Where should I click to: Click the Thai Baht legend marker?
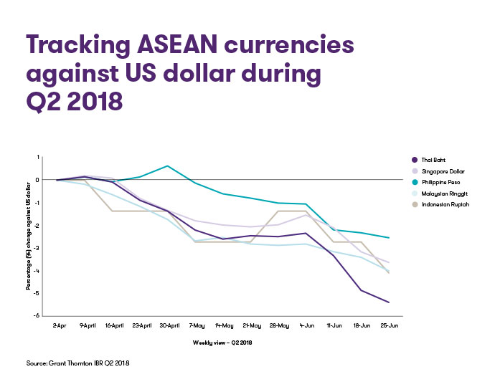pos(415,160)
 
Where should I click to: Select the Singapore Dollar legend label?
pos(443,171)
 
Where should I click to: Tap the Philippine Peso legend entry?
pos(436,182)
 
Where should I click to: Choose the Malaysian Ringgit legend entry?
pos(440,193)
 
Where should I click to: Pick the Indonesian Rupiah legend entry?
pos(440,204)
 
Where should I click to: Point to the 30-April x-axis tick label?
pos(169,325)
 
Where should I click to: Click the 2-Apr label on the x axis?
pos(60,325)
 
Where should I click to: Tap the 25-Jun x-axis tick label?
pos(389,325)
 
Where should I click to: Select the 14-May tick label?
pos(224,325)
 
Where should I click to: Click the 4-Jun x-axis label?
pos(307,325)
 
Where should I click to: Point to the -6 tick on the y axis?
pos(37,316)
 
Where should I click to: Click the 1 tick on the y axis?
pos(38,157)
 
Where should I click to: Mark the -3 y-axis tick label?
pos(37,248)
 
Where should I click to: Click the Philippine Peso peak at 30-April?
pos(167,166)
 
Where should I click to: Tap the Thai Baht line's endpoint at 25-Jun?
pos(389,302)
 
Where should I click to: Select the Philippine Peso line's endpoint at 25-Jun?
pos(389,238)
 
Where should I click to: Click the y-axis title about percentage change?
pos(29,236)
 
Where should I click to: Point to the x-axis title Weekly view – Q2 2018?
pos(222,343)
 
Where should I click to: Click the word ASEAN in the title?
pos(177,44)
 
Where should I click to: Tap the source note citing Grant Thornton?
pos(77,363)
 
